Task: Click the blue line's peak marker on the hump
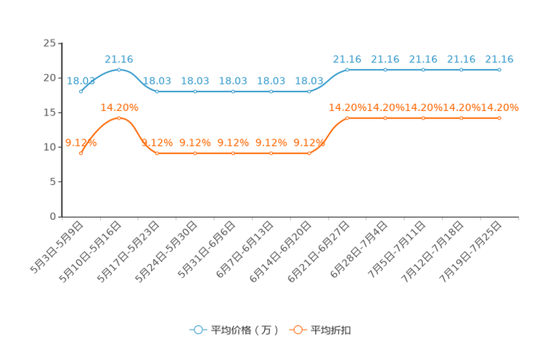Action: click(x=119, y=69)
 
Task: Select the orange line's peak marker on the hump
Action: click(x=119, y=118)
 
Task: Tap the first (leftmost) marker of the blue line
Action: click(x=81, y=91)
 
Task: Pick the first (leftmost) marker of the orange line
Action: click(x=81, y=153)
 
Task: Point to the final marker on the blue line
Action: click(x=499, y=70)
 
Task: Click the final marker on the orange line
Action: click(x=499, y=118)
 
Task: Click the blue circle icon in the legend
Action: click(x=197, y=330)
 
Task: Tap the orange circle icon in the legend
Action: click(x=298, y=330)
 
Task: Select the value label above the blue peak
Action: click(x=119, y=59)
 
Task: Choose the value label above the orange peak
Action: click(x=119, y=107)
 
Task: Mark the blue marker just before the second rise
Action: click(x=309, y=91)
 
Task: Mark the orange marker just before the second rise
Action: click(x=309, y=153)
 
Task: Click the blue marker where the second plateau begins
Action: click(x=347, y=70)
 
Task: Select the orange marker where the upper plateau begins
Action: click(x=347, y=118)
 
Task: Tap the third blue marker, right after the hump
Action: click(x=157, y=91)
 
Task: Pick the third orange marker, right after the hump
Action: click(x=157, y=153)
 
